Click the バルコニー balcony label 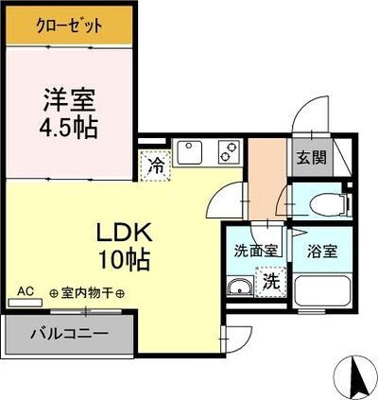coord(68,333)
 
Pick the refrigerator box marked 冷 coord(155,165)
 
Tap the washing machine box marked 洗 coord(270,282)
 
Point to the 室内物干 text coord(87,293)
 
